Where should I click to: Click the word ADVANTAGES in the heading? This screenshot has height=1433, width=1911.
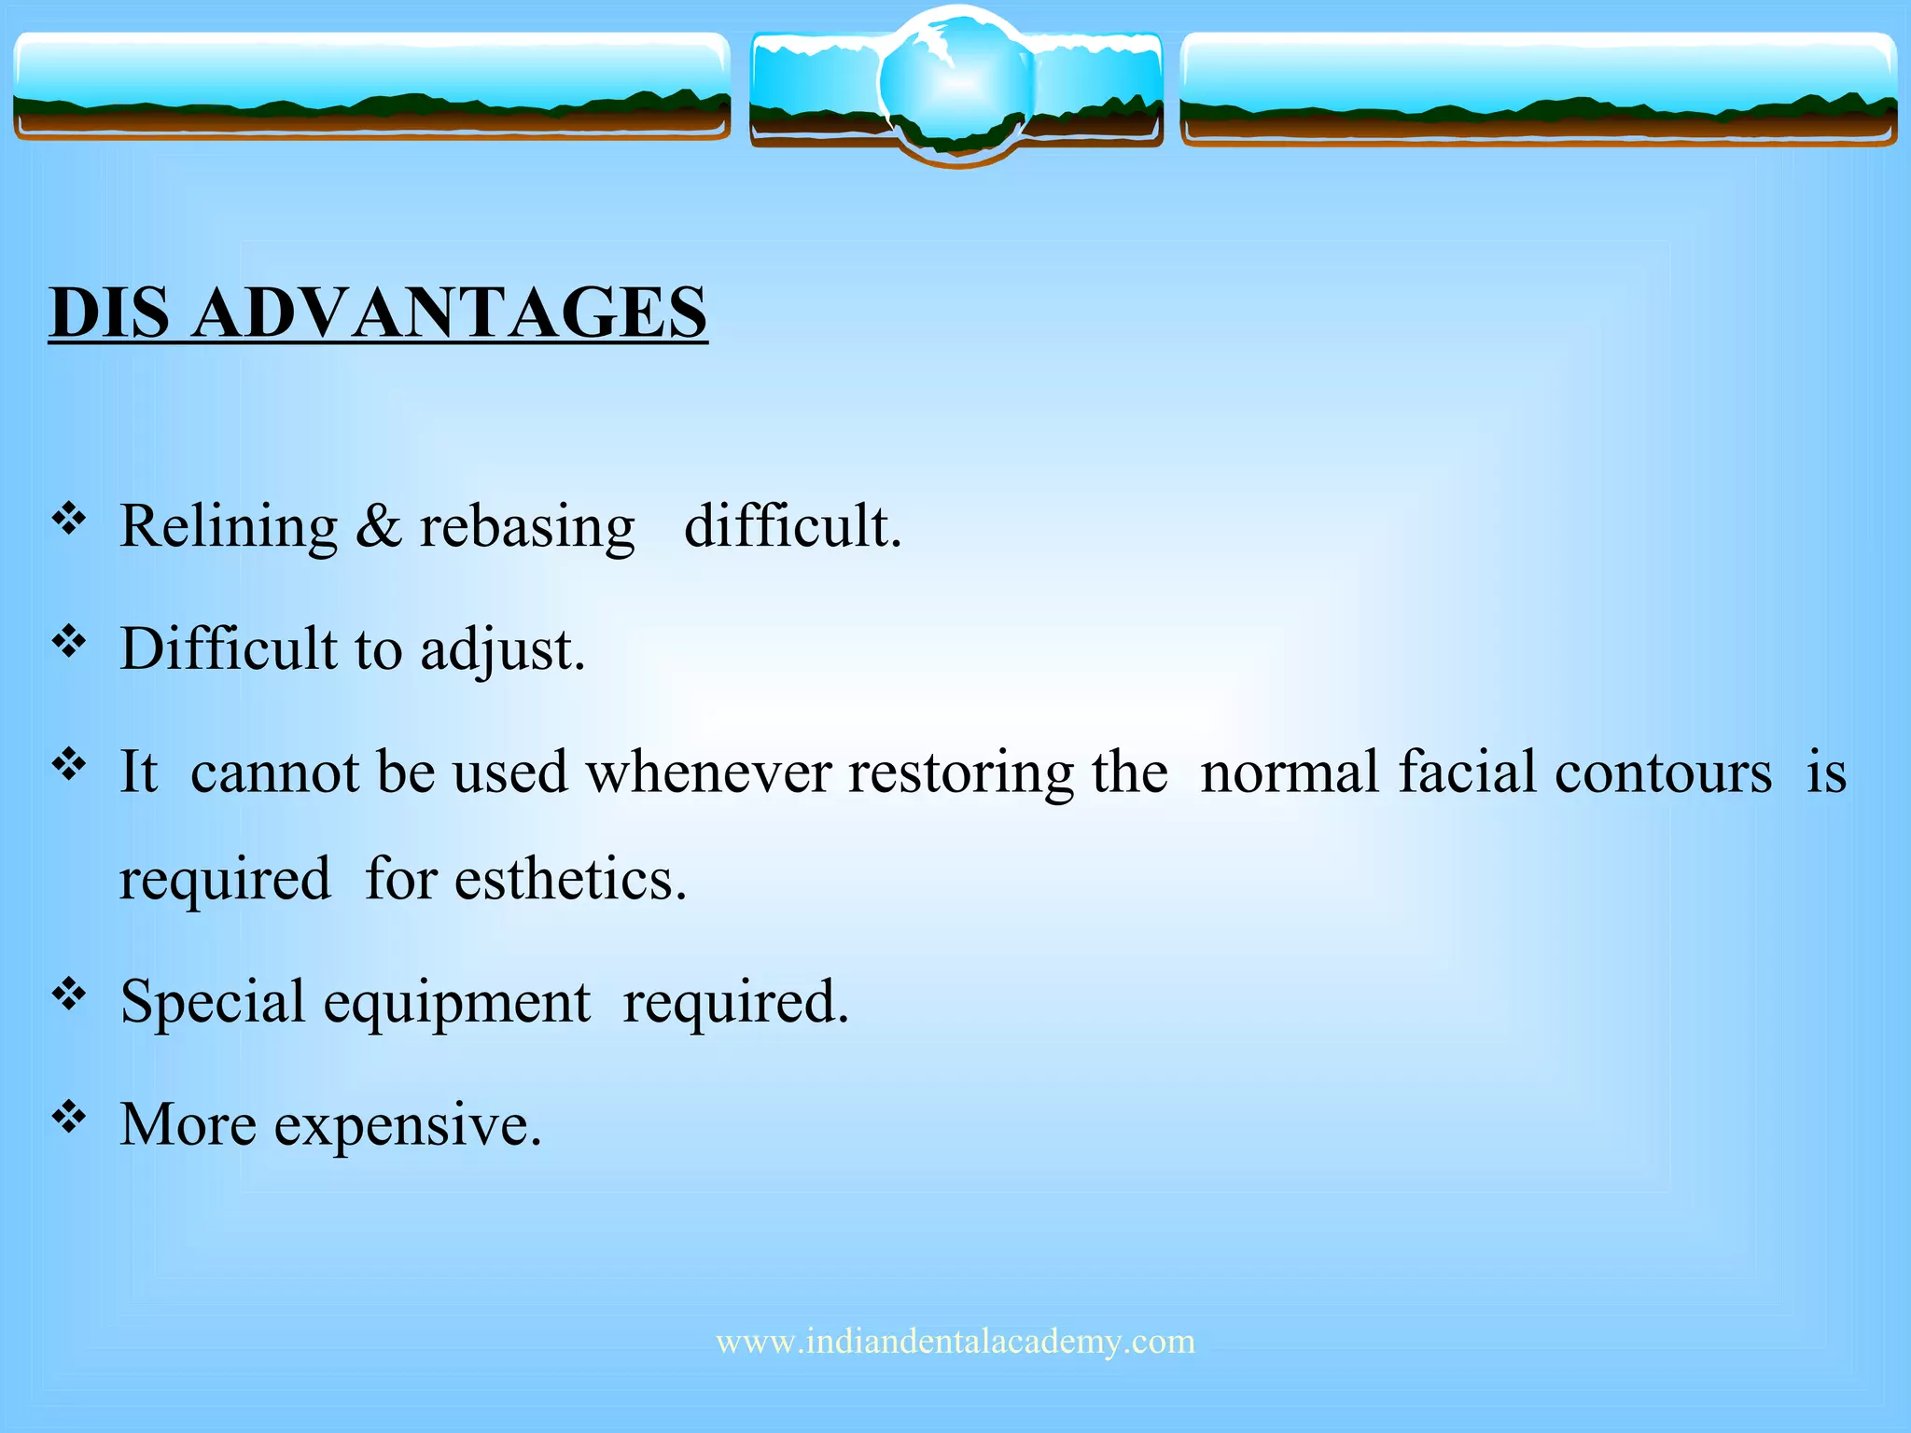[x=450, y=313]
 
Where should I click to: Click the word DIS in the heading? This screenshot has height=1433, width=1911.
[x=110, y=313]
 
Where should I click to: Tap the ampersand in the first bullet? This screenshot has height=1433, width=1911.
[x=378, y=526]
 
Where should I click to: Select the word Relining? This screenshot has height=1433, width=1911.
[x=229, y=528]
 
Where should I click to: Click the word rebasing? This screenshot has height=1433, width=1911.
[x=527, y=528]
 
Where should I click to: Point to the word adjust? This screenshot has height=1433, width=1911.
[x=502, y=650]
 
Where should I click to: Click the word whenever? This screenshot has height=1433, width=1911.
[x=708, y=773]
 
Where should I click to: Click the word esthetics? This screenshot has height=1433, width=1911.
[x=570, y=880]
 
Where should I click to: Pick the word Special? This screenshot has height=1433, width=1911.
[x=214, y=1003]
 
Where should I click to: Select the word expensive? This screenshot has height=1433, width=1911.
[x=408, y=1126]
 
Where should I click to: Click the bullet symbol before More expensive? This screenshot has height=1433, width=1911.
[x=69, y=1116]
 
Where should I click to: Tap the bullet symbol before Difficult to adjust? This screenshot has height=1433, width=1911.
[x=69, y=641]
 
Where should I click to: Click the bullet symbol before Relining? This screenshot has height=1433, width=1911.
[x=69, y=518]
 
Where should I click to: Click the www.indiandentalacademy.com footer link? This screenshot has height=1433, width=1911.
[x=955, y=1342]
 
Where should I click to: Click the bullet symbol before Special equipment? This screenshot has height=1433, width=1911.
[x=69, y=994]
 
